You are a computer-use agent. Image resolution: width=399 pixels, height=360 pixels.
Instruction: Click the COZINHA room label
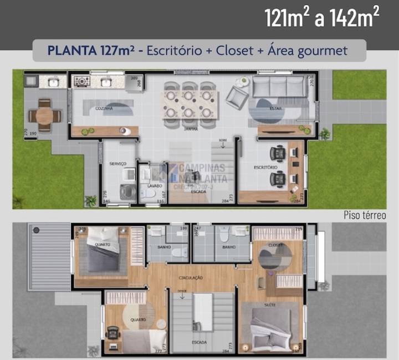(104, 109)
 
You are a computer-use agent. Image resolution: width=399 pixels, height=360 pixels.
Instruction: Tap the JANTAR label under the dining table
(191, 128)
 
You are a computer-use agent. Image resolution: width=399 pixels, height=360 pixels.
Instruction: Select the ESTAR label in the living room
(275, 109)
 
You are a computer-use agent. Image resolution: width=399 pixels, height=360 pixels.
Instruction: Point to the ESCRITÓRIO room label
(265, 167)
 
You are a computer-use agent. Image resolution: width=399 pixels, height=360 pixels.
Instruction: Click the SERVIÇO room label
(118, 163)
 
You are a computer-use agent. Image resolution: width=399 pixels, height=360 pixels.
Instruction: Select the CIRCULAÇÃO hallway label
(191, 277)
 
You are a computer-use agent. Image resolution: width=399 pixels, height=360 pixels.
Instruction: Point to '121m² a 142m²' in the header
(322, 19)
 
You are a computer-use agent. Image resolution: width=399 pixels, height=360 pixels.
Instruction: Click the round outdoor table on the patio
(44, 115)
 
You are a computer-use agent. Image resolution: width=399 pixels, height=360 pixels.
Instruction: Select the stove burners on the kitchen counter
(82, 82)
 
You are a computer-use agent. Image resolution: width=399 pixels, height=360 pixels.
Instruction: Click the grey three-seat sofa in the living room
(279, 87)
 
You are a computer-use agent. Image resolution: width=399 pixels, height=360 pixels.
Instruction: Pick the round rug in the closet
(275, 257)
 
